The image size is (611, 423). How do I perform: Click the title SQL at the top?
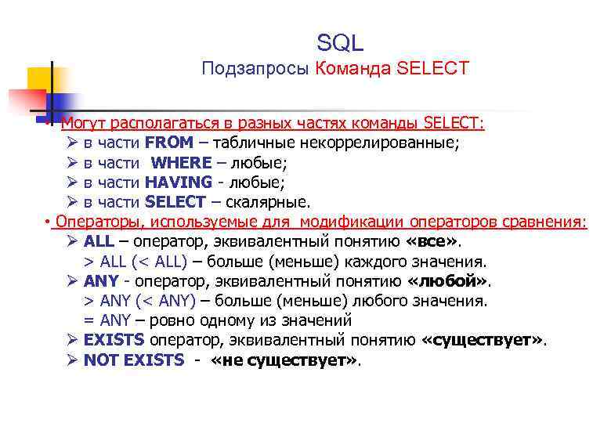340,42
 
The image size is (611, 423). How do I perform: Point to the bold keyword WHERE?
181,163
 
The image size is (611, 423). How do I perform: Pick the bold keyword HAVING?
179,183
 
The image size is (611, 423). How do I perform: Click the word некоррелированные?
392,143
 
